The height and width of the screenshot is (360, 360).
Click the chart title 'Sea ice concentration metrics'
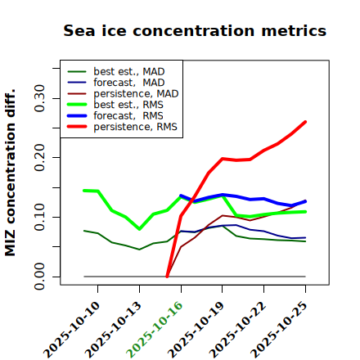(195, 31)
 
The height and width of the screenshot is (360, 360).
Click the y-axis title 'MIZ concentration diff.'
(10, 173)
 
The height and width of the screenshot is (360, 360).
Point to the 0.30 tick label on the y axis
(40, 98)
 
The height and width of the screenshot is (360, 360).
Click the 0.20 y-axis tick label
(40, 157)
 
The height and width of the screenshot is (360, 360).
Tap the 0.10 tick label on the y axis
(40, 217)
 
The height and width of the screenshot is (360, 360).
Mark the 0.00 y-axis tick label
(40, 277)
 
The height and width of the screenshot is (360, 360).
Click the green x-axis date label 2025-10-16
(155, 330)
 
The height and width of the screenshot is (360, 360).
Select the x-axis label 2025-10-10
(71, 330)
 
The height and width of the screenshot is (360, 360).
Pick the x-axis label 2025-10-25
(279, 330)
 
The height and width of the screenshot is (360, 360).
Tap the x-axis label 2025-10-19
(196, 330)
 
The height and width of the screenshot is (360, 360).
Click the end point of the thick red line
(305, 122)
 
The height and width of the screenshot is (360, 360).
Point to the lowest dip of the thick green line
(139, 229)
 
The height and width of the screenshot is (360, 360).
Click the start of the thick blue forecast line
(181, 196)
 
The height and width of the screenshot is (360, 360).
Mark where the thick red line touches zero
(167, 277)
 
